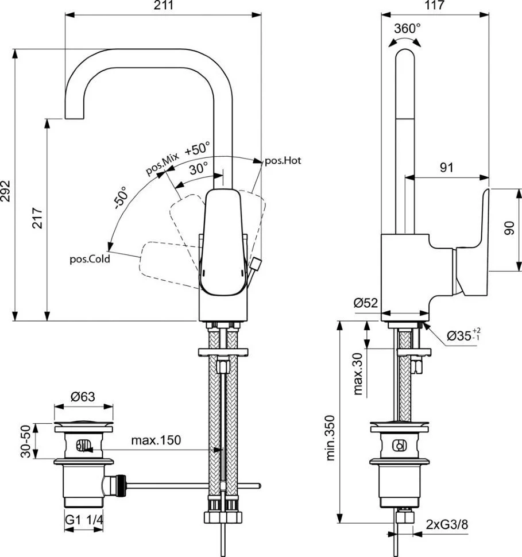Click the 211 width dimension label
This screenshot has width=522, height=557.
[164, 5]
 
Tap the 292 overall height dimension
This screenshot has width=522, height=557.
[5, 191]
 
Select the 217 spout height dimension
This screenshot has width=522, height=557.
[37, 218]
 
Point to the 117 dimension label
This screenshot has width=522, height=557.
[434, 5]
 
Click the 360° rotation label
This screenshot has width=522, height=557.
[407, 28]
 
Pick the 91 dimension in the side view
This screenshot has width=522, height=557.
[447, 167]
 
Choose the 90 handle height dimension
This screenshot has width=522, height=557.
[509, 228]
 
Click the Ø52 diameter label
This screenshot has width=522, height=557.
[366, 303]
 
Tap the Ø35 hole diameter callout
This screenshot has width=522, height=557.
[463, 335]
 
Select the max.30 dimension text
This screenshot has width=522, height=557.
[358, 373]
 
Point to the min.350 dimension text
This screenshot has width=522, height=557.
[330, 438]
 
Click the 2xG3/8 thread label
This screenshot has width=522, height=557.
[447, 524]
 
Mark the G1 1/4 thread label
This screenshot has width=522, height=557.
[84, 520]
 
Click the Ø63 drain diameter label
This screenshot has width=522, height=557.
[83, 396]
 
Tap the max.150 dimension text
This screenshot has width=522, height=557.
[156, 440]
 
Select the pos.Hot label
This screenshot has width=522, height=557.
[283, 161]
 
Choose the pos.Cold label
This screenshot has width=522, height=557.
[90, 259]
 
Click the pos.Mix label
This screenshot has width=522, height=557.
[163, 164]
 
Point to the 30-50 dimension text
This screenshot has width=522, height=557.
[26, 441]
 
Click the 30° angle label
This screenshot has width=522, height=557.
[198, 168]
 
